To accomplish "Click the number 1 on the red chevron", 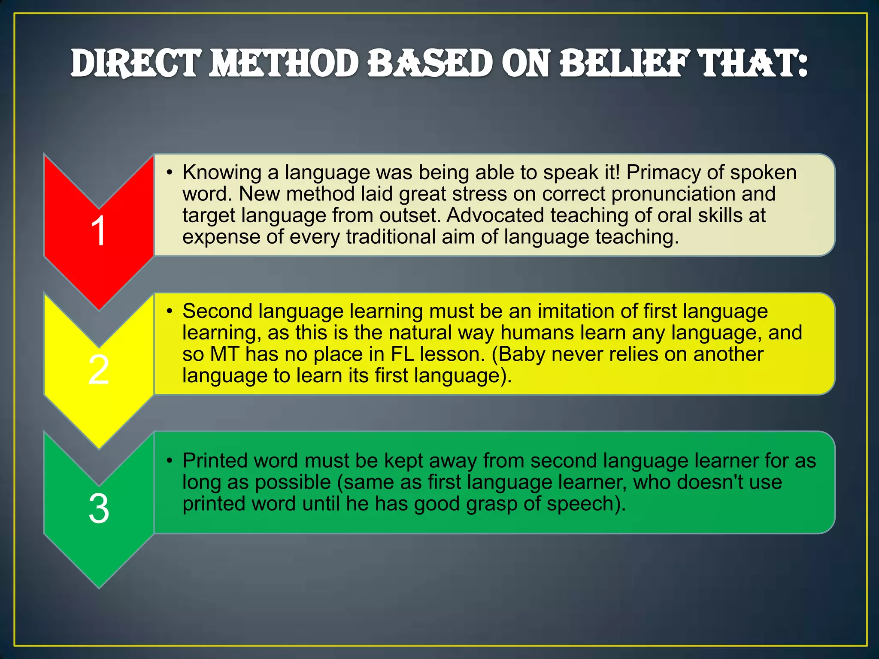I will tap(99, 231).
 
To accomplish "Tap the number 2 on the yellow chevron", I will tap(99, 370).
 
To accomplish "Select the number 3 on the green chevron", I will tap(99, 509).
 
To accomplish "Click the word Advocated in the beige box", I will tap(495, 215).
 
